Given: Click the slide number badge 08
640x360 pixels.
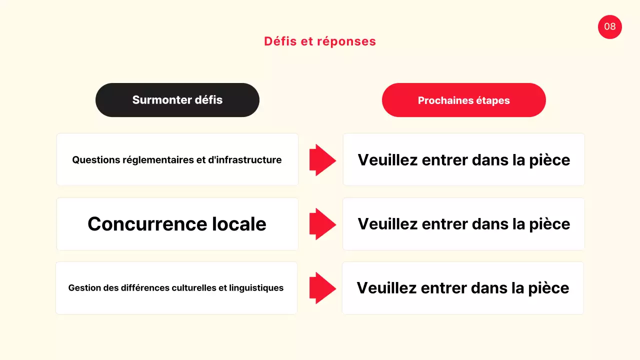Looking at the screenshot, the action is point(609,26).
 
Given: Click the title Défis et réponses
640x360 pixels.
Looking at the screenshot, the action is point(320,41).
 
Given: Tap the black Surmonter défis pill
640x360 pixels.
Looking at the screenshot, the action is point(177,100).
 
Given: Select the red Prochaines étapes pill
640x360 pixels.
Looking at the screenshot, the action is point(463,100).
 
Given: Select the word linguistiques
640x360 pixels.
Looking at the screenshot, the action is point(256,288).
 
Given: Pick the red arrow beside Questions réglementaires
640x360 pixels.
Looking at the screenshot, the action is point(322,160).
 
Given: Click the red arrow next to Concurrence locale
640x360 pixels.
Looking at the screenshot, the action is point(322,224).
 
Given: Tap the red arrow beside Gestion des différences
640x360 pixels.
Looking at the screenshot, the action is point(322,288).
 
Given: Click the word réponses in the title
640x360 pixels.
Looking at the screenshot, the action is point(349,41).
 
